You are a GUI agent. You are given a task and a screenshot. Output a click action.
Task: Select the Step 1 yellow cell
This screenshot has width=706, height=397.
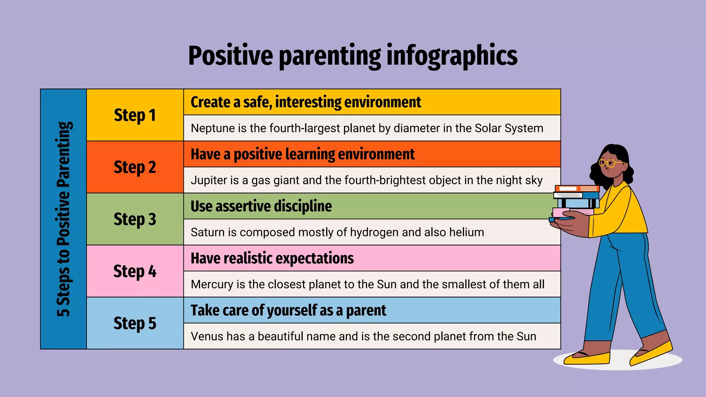135,115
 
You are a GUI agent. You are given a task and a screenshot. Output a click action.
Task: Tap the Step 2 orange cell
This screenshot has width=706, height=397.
135,167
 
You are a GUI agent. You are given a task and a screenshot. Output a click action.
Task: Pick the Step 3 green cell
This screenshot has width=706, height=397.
135,219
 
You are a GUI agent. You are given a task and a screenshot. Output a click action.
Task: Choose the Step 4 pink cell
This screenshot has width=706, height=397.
135,271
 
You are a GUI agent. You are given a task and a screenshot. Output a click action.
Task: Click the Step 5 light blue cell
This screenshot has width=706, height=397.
135,323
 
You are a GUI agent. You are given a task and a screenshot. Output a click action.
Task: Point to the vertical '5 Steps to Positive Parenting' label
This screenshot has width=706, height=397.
64,219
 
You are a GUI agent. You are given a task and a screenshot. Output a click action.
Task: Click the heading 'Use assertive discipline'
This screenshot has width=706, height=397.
261,206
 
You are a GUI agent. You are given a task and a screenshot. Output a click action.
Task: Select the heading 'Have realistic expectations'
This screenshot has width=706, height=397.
272,258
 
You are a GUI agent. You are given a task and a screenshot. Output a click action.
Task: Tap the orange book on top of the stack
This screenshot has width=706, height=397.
577,189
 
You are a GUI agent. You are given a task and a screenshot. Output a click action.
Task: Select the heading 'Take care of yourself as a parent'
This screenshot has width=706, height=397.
288,310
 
